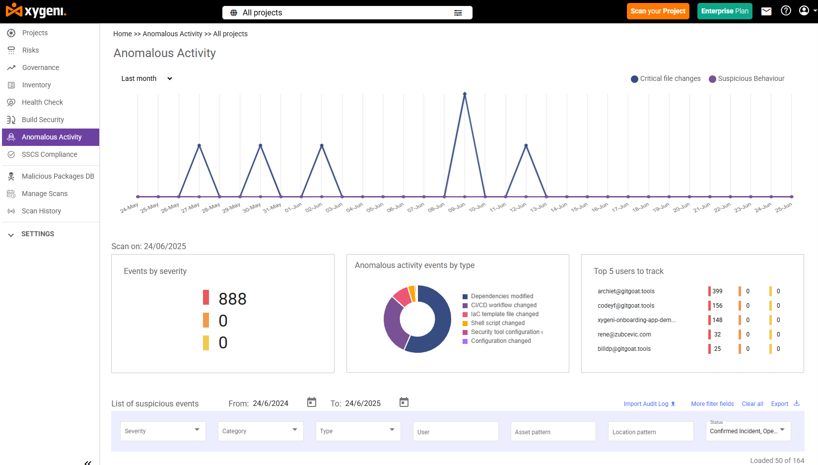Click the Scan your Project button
pos(658,11)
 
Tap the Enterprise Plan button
pos(724,11)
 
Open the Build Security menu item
pos(43,120)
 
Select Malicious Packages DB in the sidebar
pos(58,176)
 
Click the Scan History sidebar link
pos(41,211)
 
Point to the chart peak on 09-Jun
pos(465,94)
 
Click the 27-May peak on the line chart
pos(199,145)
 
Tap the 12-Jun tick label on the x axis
pos(518,207)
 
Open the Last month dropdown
pos(146,78)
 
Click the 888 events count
pos(232,299)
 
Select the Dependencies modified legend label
pos(502,296)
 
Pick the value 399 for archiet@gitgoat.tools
pos(717,291)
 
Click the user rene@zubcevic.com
pos(624,334)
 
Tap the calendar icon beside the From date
pos(312,402)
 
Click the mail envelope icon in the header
pos(766,11)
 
